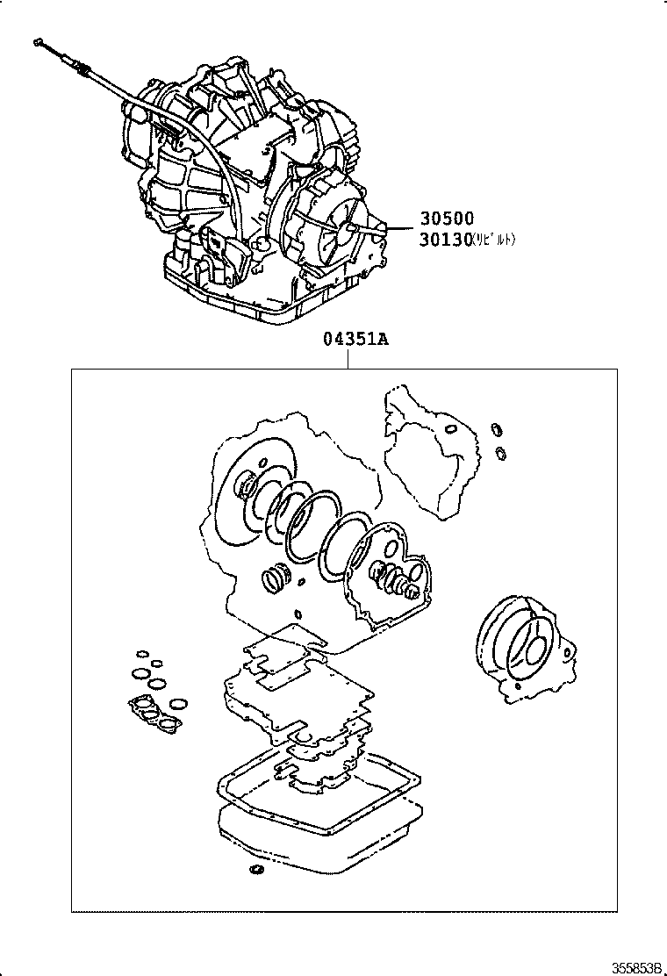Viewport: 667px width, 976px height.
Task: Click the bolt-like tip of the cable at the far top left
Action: (x=38, y=40)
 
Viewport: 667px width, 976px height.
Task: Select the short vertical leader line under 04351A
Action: (x=348, y=361)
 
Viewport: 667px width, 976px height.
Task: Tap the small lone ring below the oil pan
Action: (x=256, y=870)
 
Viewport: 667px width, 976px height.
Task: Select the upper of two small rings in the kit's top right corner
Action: (x=497, y=429)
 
